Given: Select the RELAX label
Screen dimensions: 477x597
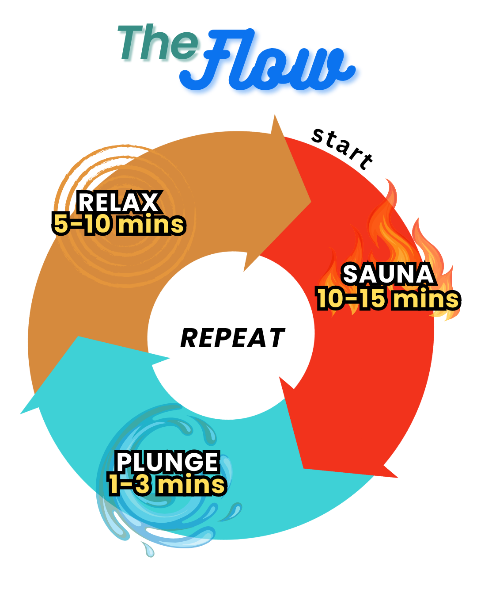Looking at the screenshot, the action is (x=118, y=203).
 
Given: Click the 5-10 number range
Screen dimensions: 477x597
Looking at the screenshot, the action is (x=82, y=224).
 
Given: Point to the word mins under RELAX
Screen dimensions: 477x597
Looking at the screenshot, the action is (x=151, y=224).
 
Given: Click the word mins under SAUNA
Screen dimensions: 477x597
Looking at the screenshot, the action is (x=426, y=299).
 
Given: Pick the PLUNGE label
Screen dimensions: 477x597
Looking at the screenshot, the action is (x=167, y=462).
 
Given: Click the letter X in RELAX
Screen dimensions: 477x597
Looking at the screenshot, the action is (x=148, y=203).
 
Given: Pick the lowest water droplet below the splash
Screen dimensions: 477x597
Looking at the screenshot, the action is (x=148, y=550).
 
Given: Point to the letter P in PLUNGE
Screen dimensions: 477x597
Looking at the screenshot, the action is (x=125, y=462).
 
